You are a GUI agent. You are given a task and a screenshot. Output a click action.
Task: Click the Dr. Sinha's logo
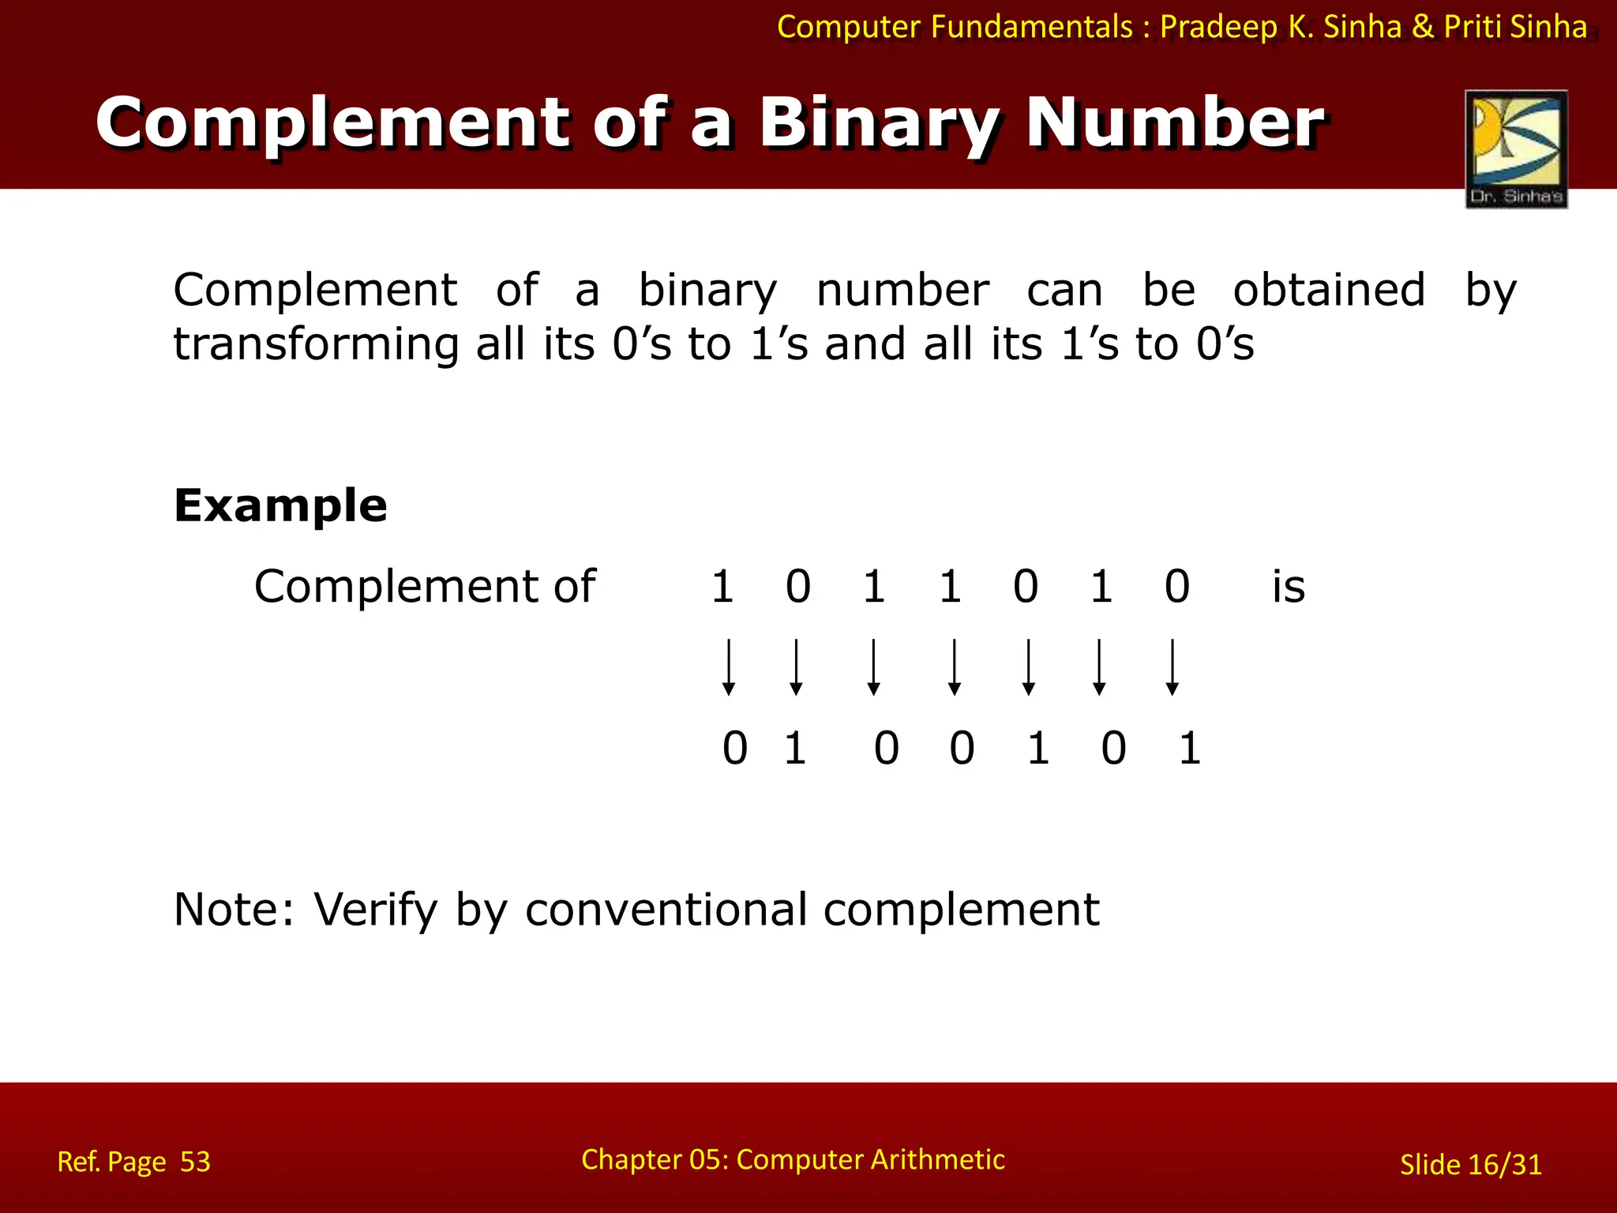pyautogui.click(x=1516, y=148)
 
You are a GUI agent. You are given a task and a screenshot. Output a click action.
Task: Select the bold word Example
pyautogui.click(x=280, y=505)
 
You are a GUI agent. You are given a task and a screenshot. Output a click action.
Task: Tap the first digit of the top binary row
pyautogui.click(x=722, y=587)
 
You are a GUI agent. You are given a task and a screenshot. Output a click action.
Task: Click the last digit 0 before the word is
pyautogui.click(x=1176, y=587)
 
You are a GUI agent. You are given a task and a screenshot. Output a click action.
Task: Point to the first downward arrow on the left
pyautogui.click(x=729, y=667)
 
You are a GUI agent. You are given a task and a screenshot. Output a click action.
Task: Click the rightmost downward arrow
pyautogui.click(x=1172, y=667)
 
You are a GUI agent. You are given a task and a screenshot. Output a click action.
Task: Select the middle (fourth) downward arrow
pyautogui.click(x=954, y=667)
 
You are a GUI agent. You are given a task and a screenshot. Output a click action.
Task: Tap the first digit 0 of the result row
pyautogui.click(x=735, y=749)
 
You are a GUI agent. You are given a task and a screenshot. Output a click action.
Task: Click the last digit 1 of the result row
pyautogui.click(x=1190, y=749)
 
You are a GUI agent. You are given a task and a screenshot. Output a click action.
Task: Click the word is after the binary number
pyautogui.click(x=1288, y=587)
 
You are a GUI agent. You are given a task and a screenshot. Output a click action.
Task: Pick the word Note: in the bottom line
pyautogui.click(x=234, y=910)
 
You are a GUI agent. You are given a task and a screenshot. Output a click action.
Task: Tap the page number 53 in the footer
pyautogui.click(x=195, y=1162)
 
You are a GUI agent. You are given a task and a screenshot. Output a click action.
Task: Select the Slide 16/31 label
pyautogui.click(x=1470, y=1165)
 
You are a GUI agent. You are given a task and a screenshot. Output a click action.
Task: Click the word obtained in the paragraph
pyautogui.click(x=1329, y=290)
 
